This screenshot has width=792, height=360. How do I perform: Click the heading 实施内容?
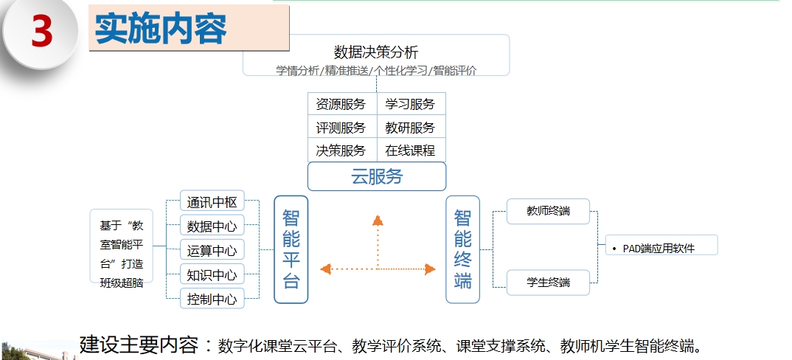coord(161,29)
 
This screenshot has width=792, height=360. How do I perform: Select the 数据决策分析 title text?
coord(376,52)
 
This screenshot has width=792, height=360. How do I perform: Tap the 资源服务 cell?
coord(341,104)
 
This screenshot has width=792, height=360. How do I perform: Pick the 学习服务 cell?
coord(410,104)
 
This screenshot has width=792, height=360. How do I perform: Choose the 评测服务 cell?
coord(341,127)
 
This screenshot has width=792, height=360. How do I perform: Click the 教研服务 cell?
coord(410,127)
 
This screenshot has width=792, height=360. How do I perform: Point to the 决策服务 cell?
coord(341,150)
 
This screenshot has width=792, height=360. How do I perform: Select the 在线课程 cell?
coord(410,150)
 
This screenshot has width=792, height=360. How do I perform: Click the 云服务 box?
coord(377,177)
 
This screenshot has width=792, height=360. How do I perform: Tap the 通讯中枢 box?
coord(212,202)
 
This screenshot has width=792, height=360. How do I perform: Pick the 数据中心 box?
coord(212,226)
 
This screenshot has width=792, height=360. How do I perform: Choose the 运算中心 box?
coord(212,250)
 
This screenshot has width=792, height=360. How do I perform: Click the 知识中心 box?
coord(212,274)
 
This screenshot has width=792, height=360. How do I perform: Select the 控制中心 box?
coord(212,299)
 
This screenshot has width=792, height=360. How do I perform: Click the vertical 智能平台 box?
coord(291,249)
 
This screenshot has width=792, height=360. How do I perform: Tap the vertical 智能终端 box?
coord(462,249)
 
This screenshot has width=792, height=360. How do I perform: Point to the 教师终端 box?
coord(548,212)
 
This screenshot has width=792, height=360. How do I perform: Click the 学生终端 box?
coord(548,283)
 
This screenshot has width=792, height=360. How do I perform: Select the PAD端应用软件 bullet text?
coord(659,248)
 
